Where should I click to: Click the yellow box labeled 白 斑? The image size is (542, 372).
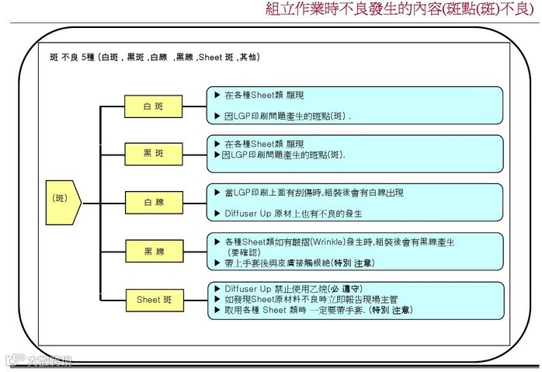pyautogui.click(x=154, y=106)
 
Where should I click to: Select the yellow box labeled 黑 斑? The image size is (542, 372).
pyautogui.click(x=154, y=153)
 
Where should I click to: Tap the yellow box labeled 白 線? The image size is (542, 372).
pyautogui.click(x=154, y=202)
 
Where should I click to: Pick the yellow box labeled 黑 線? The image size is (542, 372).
pyautogui.click(x=154, y=250)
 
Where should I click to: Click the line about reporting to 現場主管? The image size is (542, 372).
pyautogui.click(x=318, y=298)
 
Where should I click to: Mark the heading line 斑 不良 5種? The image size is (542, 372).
pyautogui.click(x=155, y=57)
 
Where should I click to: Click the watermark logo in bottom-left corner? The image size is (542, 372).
pyautogui.click(x=37, y=360)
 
